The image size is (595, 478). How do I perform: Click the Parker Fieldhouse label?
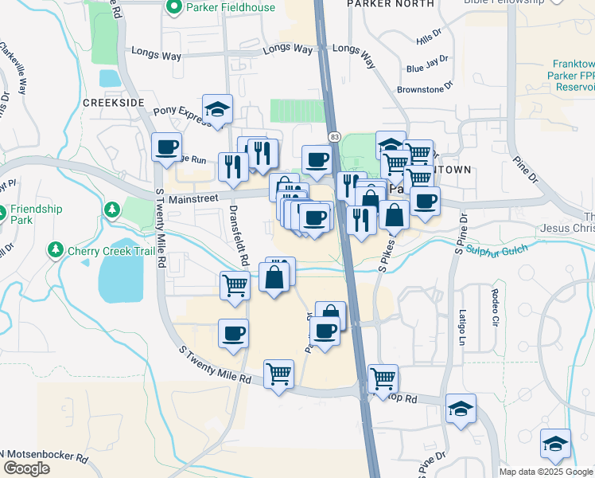231,8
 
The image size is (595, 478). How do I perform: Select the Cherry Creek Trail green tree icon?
56,251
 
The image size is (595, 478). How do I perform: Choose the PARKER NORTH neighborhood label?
391,4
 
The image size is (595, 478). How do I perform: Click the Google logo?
26,468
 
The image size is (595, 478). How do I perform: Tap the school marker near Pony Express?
217,109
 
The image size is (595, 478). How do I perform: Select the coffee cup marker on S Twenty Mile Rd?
167,147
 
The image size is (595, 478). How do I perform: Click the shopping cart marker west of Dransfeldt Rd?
235,285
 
